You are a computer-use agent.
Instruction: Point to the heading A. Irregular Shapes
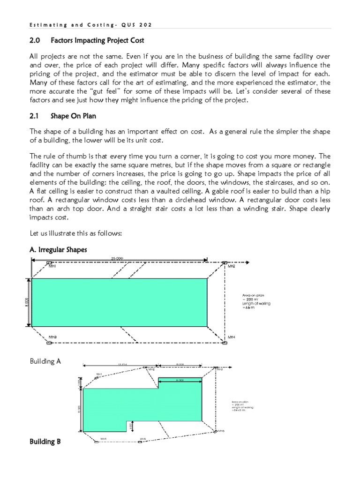tap(58, 250)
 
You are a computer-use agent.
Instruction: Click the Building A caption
tap(45, 362)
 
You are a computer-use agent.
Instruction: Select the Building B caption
tap(45, 442)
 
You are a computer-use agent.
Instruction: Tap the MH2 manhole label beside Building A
tap(231, 266)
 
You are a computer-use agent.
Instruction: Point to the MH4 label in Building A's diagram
tap(231, 337)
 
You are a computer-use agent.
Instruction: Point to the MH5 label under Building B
tap(143, 439)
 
